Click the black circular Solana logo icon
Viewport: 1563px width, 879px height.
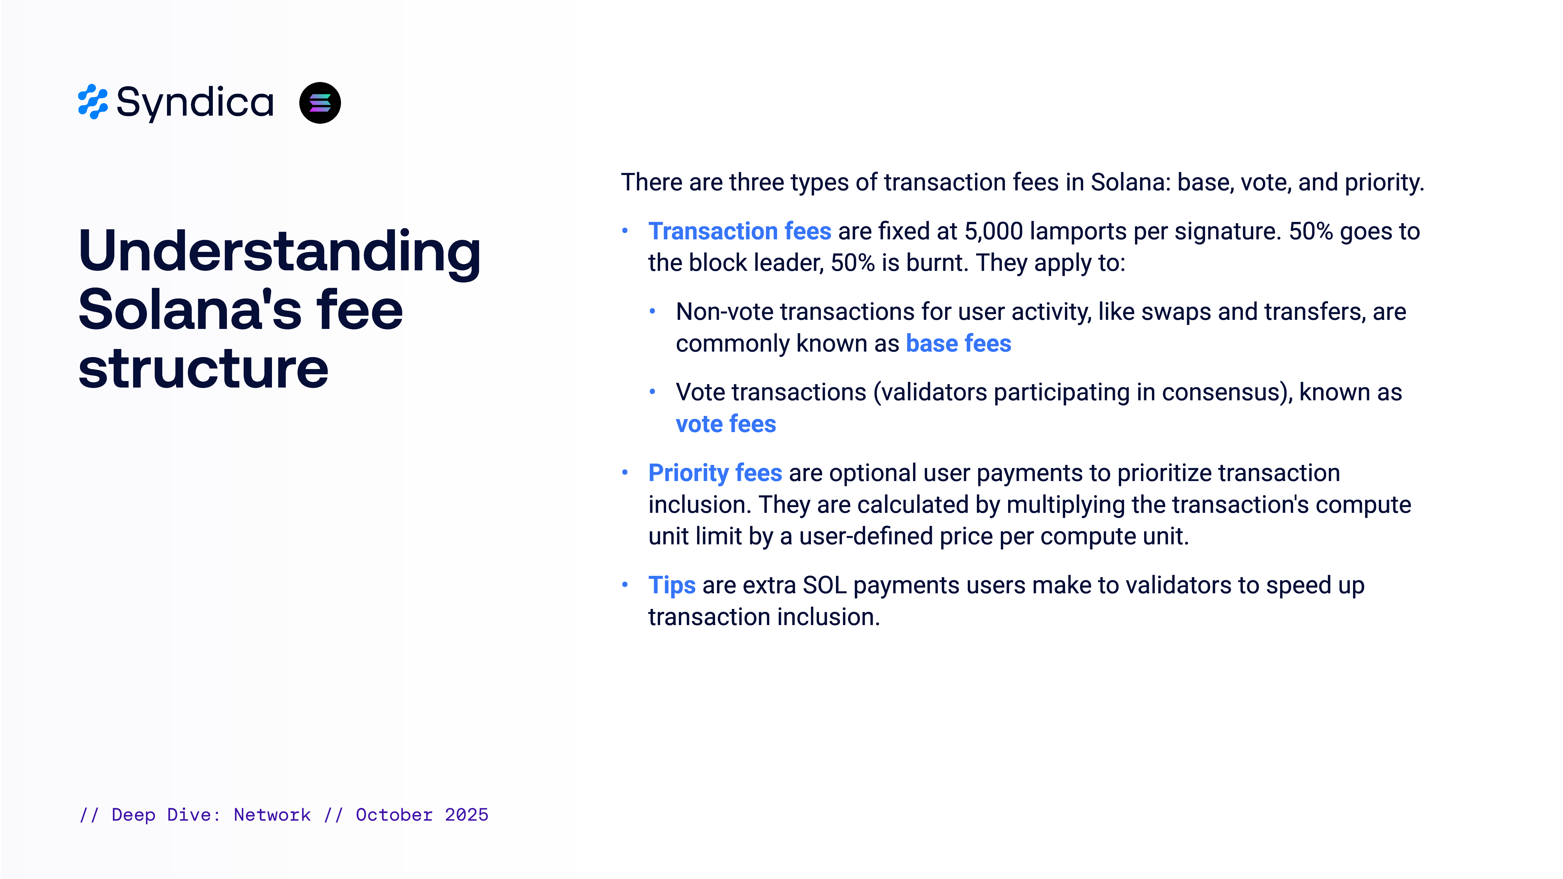[320, 103]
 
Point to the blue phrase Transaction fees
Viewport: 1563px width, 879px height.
[740, 231]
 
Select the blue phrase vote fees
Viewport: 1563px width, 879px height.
[726, 424]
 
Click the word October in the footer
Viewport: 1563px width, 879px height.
[394, 815]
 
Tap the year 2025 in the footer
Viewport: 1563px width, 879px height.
[467, 815]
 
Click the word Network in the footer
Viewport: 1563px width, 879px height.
[272, 815]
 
